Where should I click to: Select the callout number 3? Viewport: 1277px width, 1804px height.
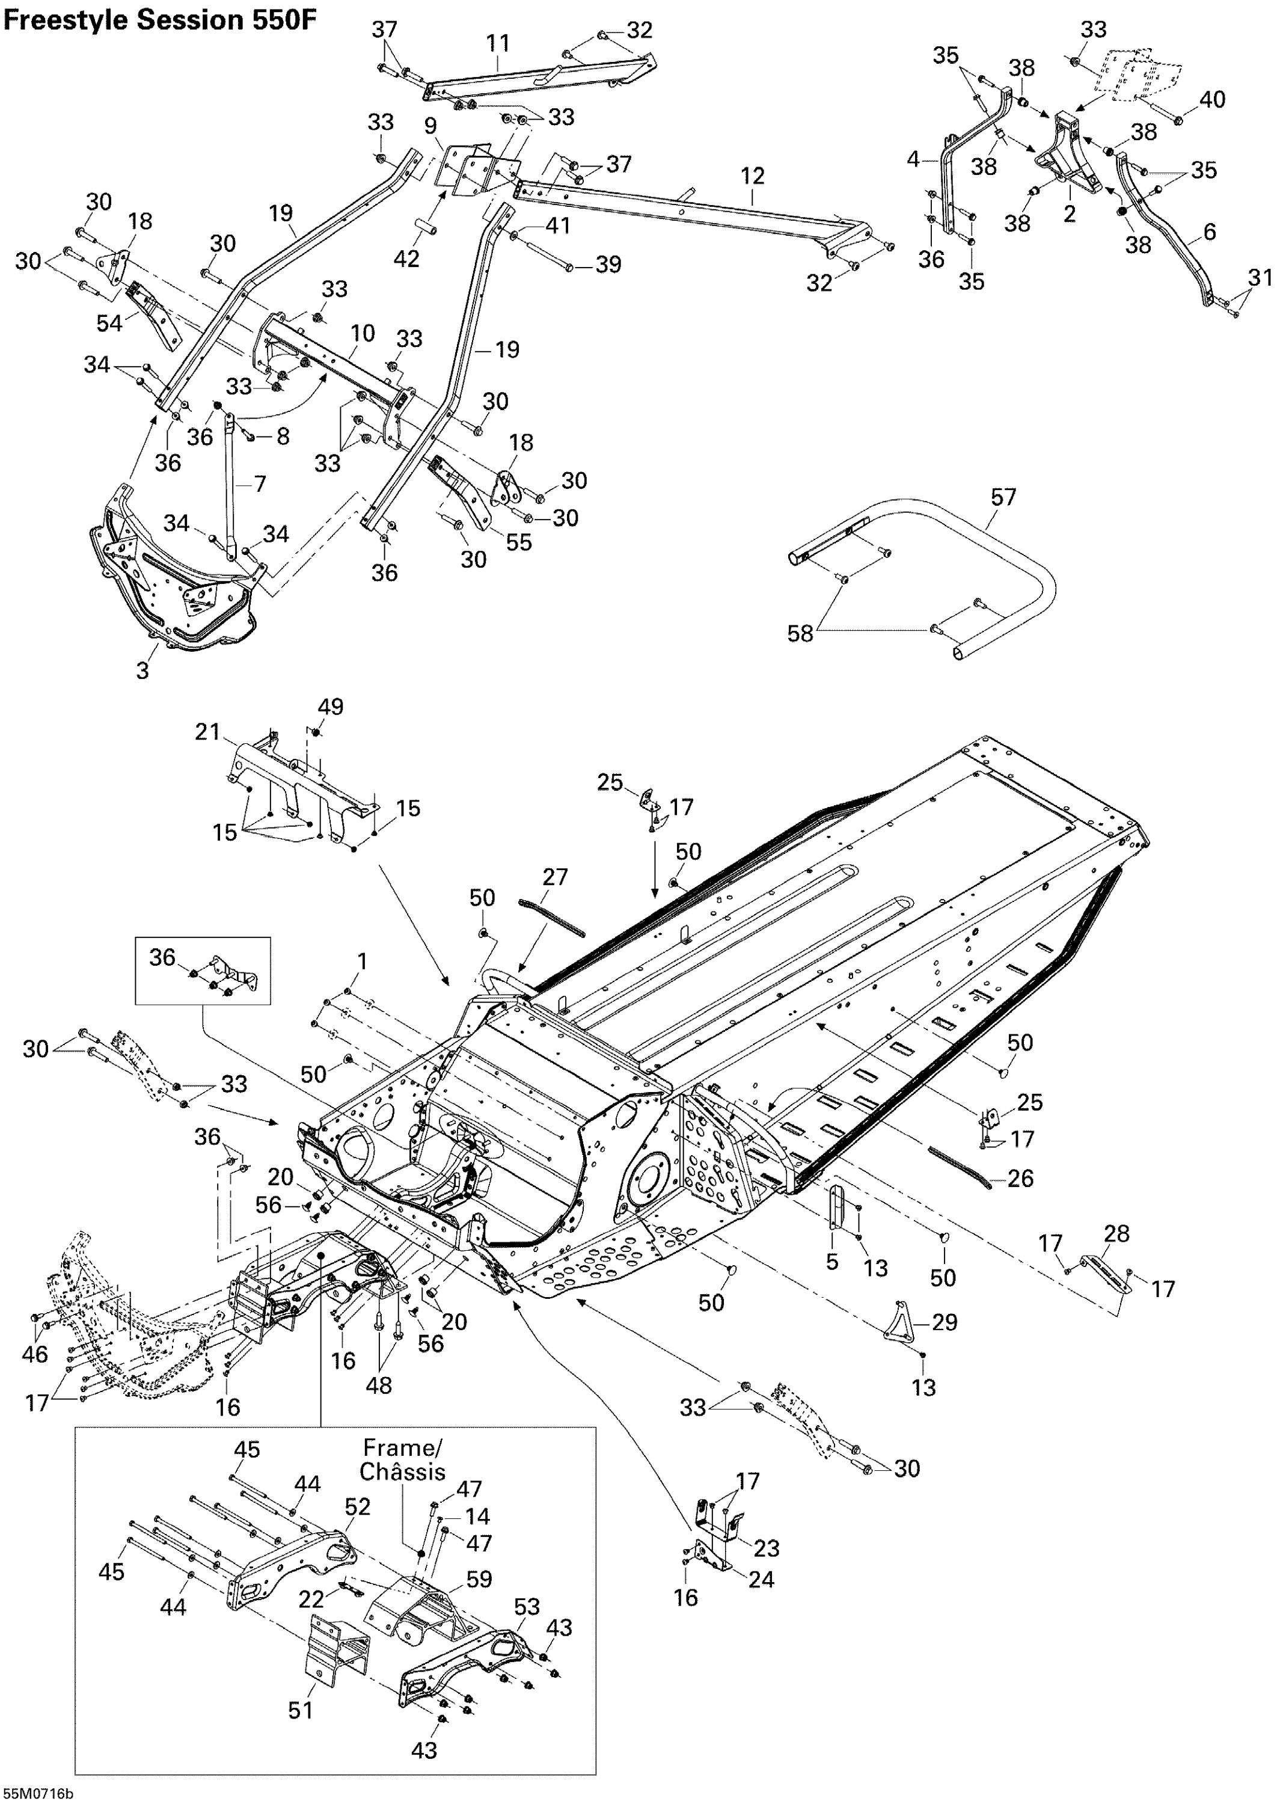point(142,671)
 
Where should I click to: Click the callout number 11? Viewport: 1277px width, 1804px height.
point(498,43)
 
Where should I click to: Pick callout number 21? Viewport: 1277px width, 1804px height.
point(207,732)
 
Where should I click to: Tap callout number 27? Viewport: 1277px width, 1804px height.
point(555,876)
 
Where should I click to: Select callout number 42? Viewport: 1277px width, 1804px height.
point(406,258)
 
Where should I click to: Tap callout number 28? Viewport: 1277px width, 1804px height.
point(1117,1233)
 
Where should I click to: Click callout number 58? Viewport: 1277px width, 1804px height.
point(800,633)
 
